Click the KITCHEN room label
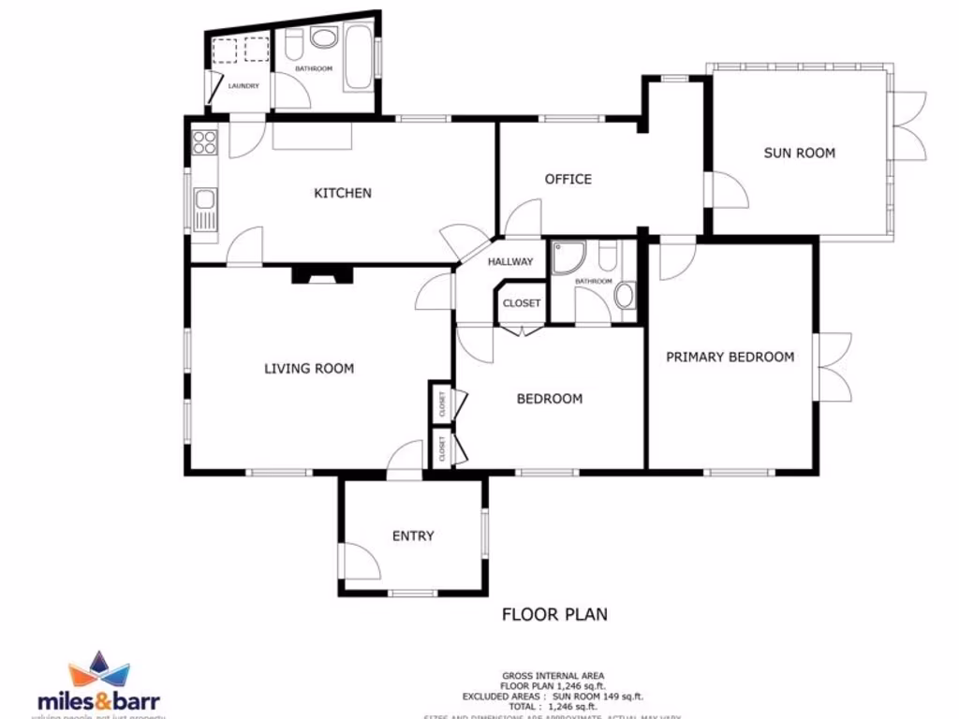(x=342, y=194)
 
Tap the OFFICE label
(x=568, y=179)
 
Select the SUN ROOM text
(x=799, y=153)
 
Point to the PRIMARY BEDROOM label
(x=730, y=357)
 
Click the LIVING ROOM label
(x=309, y=369)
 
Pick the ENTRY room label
(x=413, y=536)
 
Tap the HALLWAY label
(x=509, y=262)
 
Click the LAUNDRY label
(x=243, y=87)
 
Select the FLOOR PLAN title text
(x=554, y=615)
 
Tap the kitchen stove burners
(x=204, y=142)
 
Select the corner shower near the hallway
(x=568, y=257)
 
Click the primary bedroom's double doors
(x=834, y=366)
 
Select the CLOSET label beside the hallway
(x=522, y=303)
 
